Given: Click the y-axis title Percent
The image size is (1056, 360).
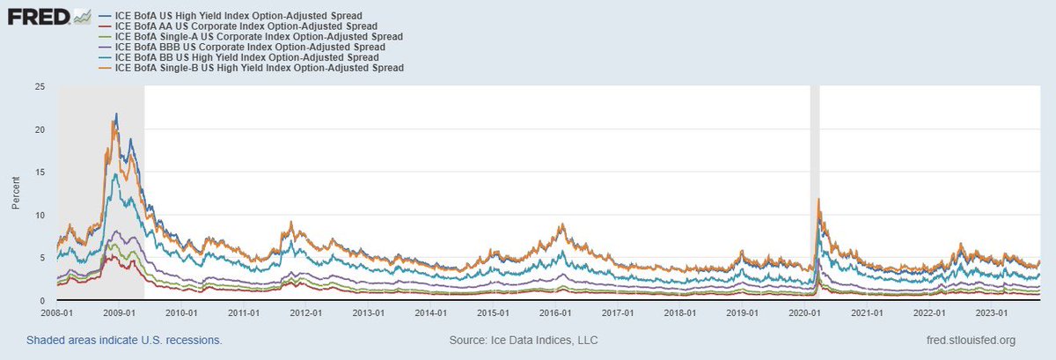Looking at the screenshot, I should [x=16, y=194].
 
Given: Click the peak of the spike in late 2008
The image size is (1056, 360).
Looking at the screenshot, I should [x=115, y=114].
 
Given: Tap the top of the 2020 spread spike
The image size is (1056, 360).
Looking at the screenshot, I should [x=819, y=199].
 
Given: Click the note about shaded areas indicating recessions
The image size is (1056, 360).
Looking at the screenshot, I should [x=123, y=340].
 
